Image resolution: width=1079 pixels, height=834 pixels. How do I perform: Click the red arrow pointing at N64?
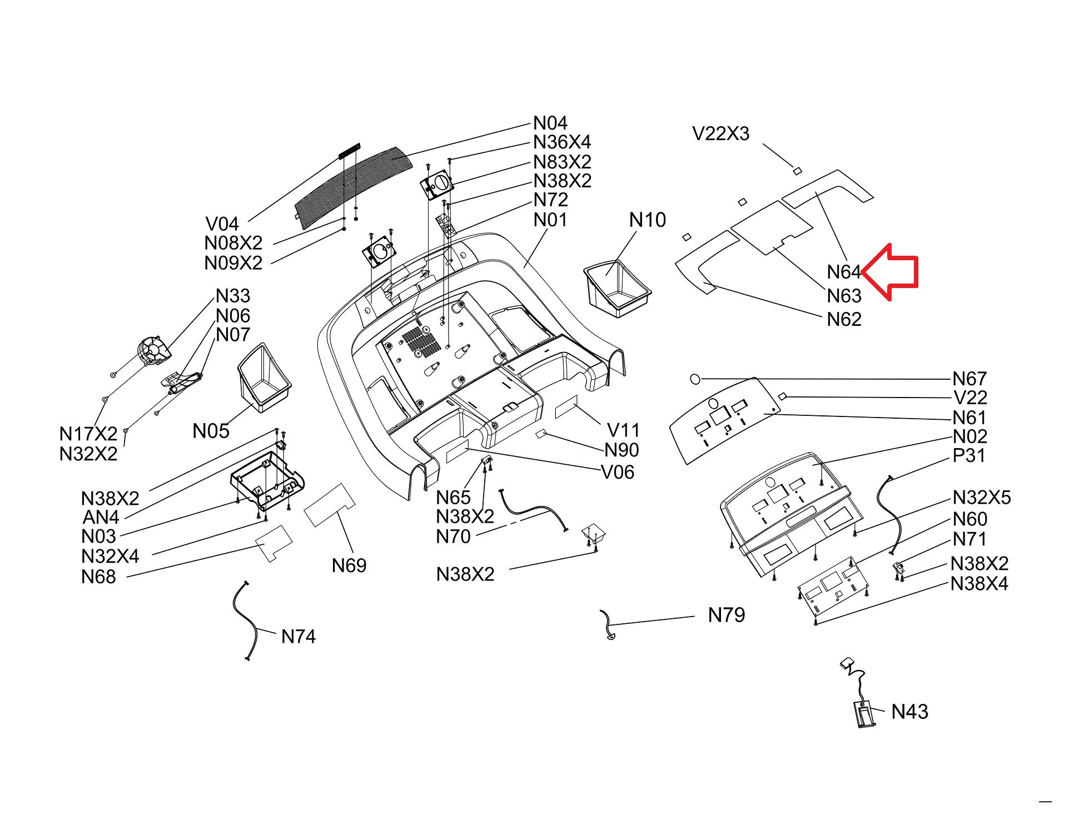coord(892,272)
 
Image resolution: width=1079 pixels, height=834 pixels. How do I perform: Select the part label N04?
coord(550,123)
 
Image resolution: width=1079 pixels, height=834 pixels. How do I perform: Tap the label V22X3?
coord(720,133)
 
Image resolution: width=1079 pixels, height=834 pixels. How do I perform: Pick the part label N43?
coord(909,712)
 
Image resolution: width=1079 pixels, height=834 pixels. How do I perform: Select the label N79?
coord(726,615)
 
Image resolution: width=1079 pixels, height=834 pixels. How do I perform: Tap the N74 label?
coord(299,636)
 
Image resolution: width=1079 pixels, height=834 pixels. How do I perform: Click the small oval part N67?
coord(695,379)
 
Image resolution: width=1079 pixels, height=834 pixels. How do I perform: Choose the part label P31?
coord(968,455)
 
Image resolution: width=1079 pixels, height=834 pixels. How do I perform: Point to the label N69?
coord(349,565)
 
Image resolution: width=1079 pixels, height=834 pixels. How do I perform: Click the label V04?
coord(222,224)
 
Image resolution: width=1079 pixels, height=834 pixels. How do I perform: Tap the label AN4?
coord(101,517)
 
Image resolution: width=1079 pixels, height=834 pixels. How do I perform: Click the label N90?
coord(621,450)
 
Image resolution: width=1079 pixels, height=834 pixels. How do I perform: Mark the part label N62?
coord(844,319)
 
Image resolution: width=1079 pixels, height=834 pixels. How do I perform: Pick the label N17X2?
coord(88,433)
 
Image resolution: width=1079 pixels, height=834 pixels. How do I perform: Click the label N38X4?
coord(979,584)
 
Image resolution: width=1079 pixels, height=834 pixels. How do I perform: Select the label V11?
coord(623,430)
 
